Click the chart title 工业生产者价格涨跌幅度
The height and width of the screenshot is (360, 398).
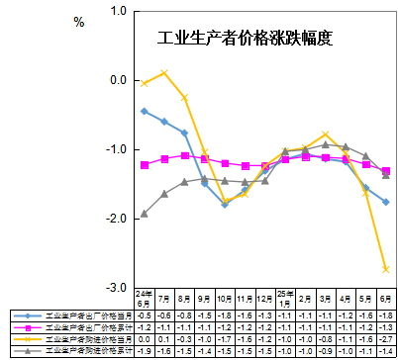[245, 40]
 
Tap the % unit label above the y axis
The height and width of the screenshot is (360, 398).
[78, 19]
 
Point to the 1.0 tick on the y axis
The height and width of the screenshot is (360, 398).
[119, 11]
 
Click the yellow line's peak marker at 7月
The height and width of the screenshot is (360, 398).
[164, 72]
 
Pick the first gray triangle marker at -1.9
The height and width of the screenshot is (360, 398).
[145, 213]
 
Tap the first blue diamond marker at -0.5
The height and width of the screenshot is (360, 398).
[145, 111]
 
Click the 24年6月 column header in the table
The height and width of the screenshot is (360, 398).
[144, 300]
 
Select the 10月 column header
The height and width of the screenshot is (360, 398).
[226, 300]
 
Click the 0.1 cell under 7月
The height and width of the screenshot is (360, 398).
[164, 338]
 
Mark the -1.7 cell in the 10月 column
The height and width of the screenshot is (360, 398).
[226, 338]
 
